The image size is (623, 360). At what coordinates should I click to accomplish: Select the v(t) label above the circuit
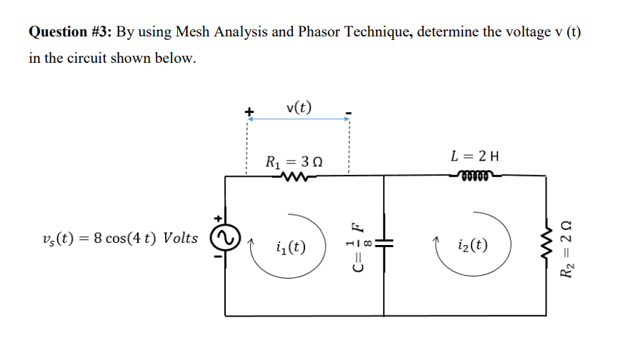pos(298,108)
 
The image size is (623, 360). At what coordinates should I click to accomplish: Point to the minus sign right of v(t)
pos(348,112)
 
